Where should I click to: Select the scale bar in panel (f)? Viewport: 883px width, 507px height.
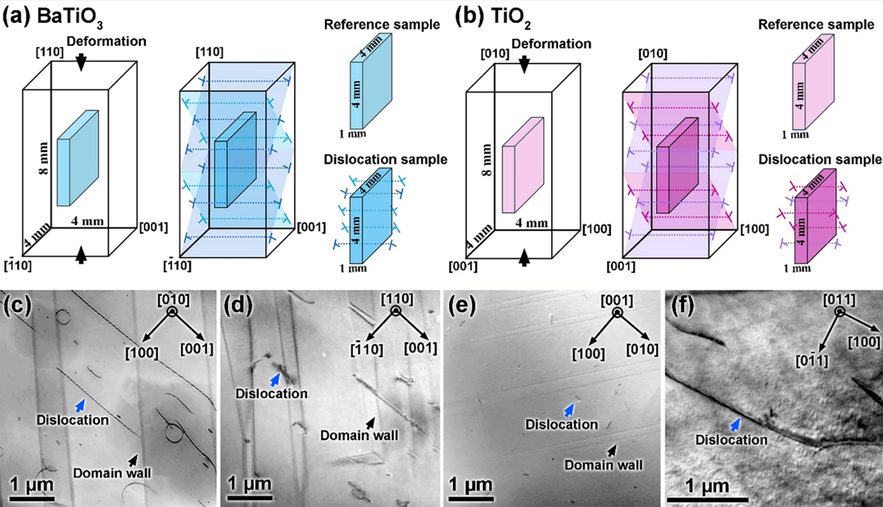point(708,498)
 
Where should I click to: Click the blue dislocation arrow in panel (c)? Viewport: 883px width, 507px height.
point(81,404)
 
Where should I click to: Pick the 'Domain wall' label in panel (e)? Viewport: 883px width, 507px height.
point(603,465)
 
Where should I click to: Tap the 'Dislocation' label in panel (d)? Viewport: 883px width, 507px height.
point(271,394)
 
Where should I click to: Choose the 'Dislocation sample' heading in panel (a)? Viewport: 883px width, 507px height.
point(385,159)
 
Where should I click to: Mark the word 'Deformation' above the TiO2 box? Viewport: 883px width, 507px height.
point(550,44)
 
